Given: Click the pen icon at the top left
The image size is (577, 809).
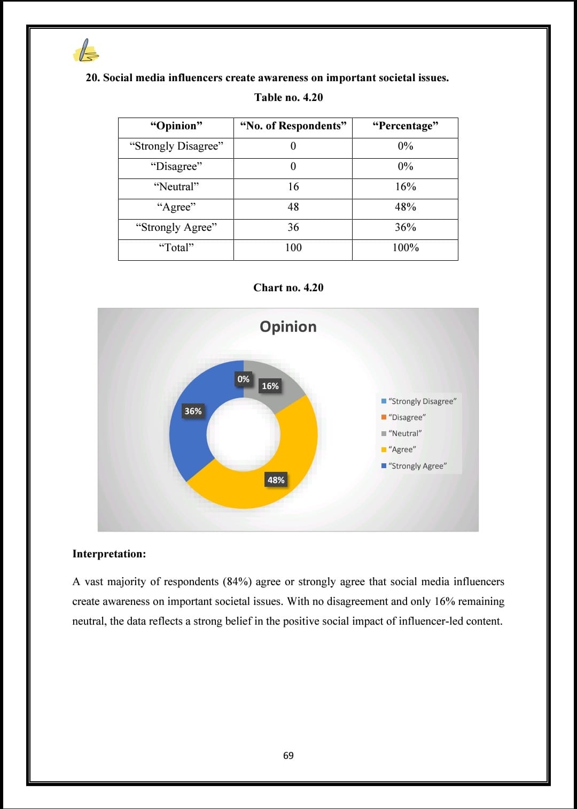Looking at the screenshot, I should (x=85, y=51).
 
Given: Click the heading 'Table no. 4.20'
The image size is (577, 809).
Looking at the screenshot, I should (x=288, y=97).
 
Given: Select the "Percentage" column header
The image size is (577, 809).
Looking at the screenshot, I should (x=405, y=126).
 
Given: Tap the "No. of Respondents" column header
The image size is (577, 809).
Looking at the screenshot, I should (x=293, y=126).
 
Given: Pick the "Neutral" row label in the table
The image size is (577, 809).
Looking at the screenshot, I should (x=176, y=187).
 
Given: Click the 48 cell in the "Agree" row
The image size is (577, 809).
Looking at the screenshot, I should (x=293, y=207).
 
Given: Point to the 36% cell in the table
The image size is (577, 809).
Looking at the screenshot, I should (x=405, y=228).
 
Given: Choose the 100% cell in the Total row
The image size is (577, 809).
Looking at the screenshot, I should (x=405, y=248).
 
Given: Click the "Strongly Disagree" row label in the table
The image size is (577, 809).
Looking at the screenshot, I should (x=176, y=146).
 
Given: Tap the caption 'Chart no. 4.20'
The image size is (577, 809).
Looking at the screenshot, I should (x=288, y=287).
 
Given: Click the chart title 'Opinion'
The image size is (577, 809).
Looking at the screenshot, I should (x=288, y=326).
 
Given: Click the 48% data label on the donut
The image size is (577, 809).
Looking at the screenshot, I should (x=276, y=480).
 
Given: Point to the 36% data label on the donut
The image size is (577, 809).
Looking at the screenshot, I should (x=193, y=411).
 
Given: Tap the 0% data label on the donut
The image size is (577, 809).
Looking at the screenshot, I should (x=243, y=379).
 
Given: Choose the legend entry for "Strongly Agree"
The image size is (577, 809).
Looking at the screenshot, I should (x=417, y=466).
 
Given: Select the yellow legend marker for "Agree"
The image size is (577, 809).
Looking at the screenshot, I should (x=384, y=450).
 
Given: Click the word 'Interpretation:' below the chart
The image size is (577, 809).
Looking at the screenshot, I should (x=109, y=554).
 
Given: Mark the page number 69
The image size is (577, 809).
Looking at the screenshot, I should (x=288, y=756).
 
